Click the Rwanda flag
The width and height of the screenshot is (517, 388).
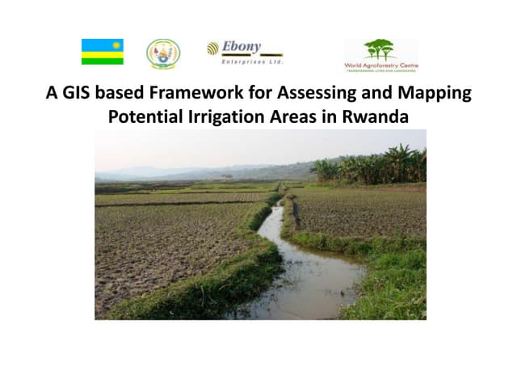click(103, 52)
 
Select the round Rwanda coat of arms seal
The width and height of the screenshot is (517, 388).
click(163, 53)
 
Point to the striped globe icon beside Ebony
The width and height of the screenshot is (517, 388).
click(213, 48)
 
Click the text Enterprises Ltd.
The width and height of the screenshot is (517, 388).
click(251, 61)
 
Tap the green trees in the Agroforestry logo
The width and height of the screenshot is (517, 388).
click(380, 48)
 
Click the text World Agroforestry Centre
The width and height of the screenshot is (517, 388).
click(380, 65)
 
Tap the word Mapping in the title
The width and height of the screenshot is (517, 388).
click(435, 93)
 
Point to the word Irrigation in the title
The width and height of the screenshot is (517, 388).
click(234, 116)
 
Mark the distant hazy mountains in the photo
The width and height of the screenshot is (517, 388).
click(162, 171)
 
